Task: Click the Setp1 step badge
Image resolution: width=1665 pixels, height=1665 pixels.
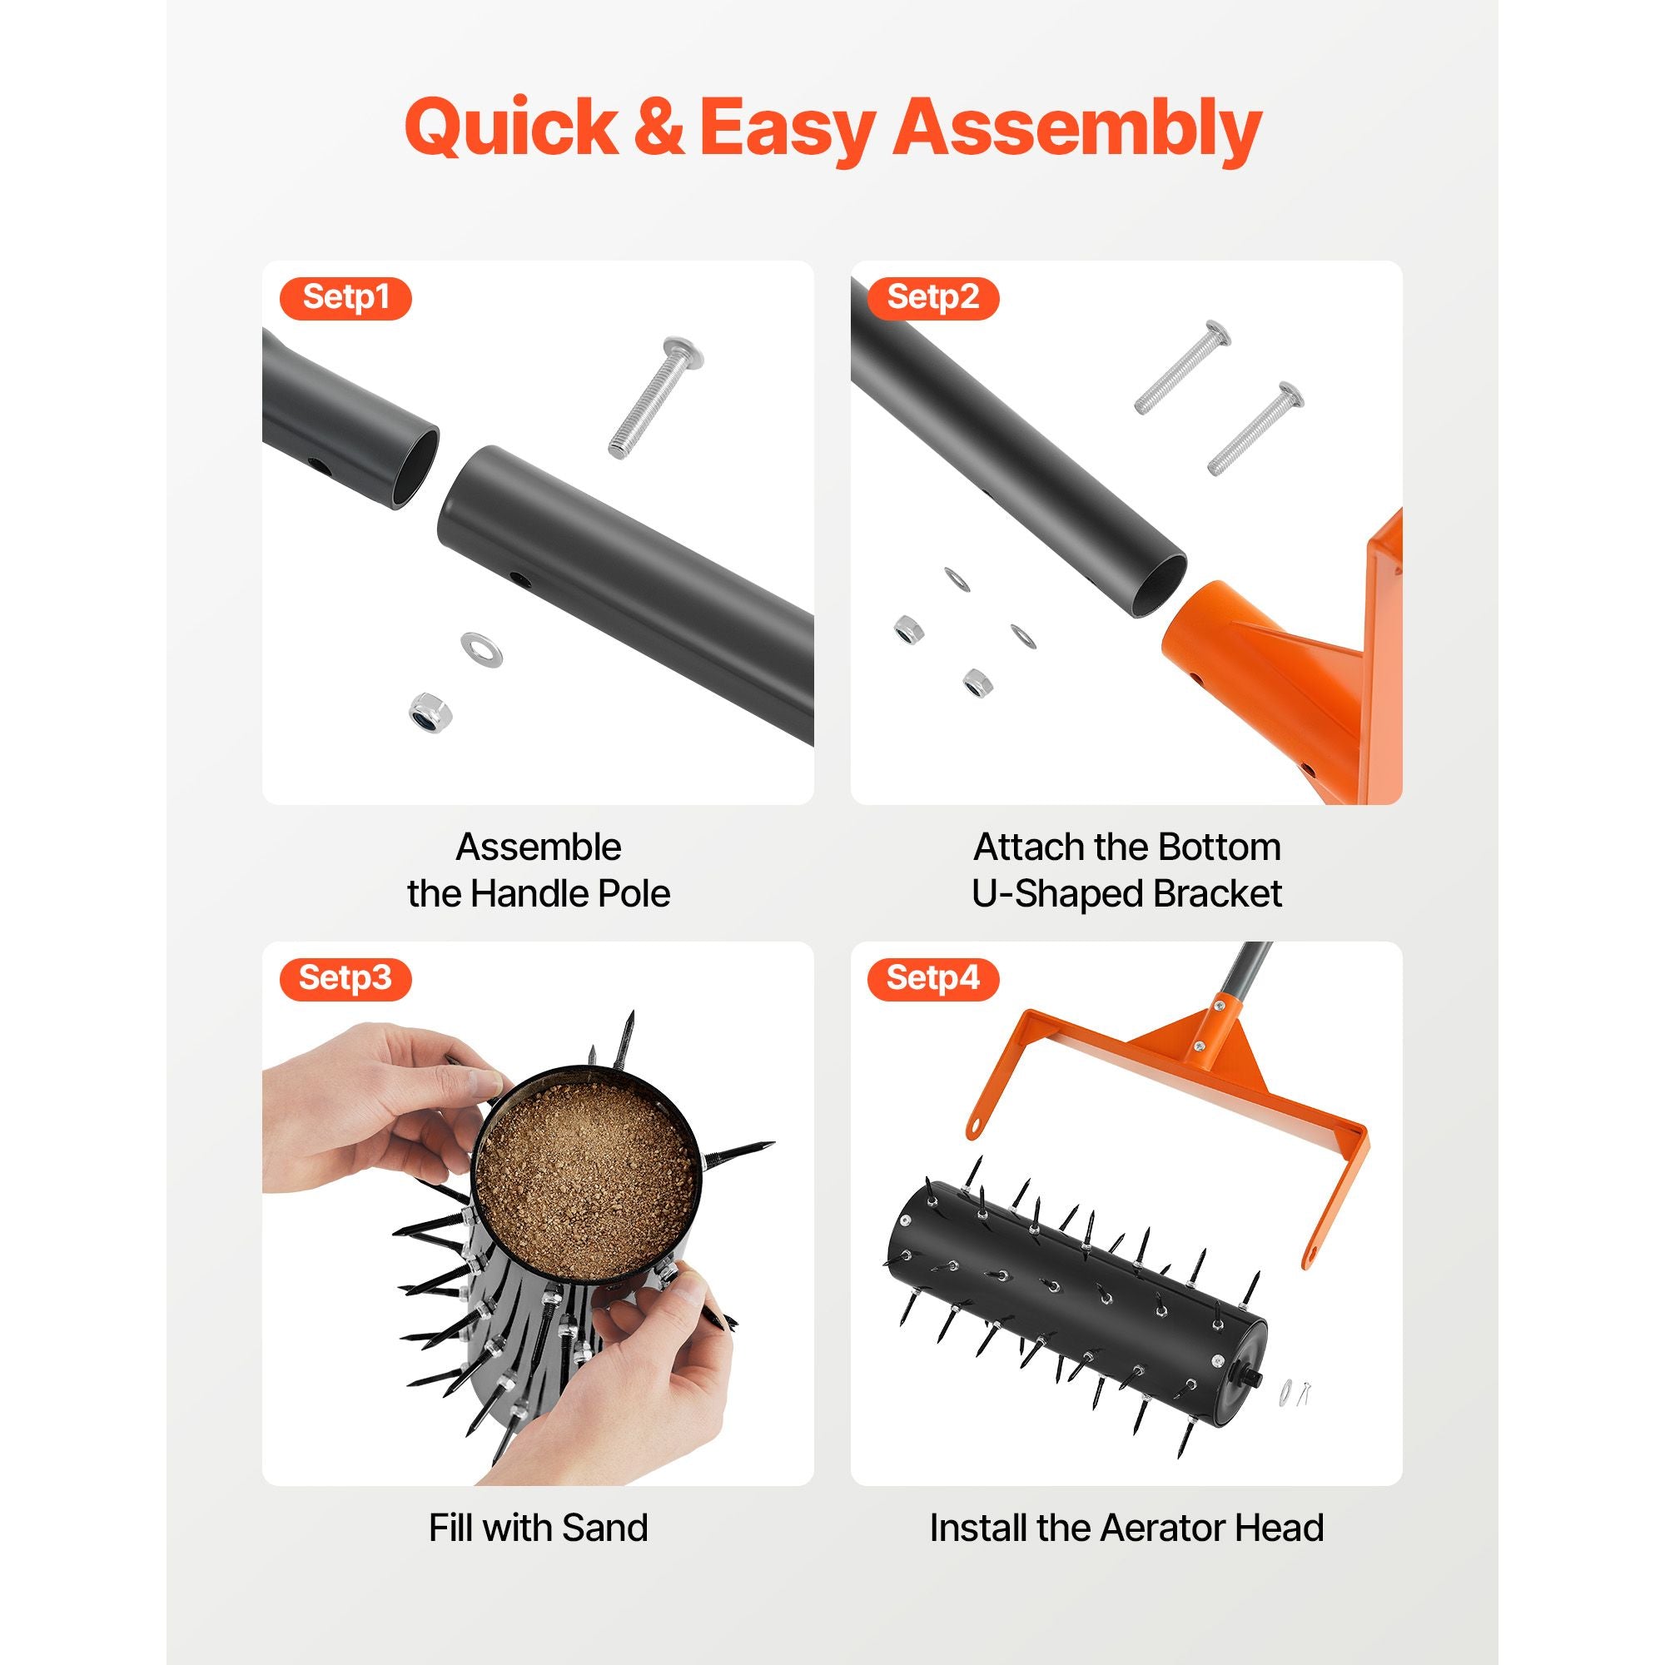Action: pyautogui.click(x=345, y=298)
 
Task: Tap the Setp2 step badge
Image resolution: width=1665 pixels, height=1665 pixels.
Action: pyautogui.click(x=933, y=298)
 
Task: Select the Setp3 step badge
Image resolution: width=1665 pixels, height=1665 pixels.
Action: pyautogui.click(x=345, y=979)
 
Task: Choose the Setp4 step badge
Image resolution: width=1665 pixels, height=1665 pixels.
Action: pyautogui.click(x=933, y=979)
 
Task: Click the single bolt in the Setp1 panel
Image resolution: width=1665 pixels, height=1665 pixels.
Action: pyautogui.click(x=656, y=396)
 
